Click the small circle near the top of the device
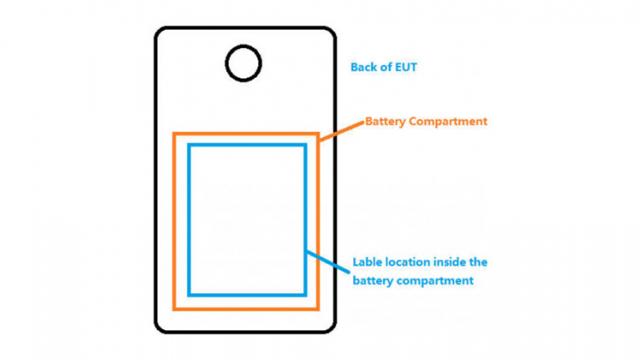(x=243, y=63)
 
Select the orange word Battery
(x=387, y=122)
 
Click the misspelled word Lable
(x=368, y=263)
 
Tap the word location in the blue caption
(x=412, y=263)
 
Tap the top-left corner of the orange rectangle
(x=174, y=134)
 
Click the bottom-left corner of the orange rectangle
(x=174, y=307)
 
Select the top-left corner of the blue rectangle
(x=188, y=145)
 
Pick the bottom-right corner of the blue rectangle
(x=305, y=295)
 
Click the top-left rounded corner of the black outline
(x=160, y=33)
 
